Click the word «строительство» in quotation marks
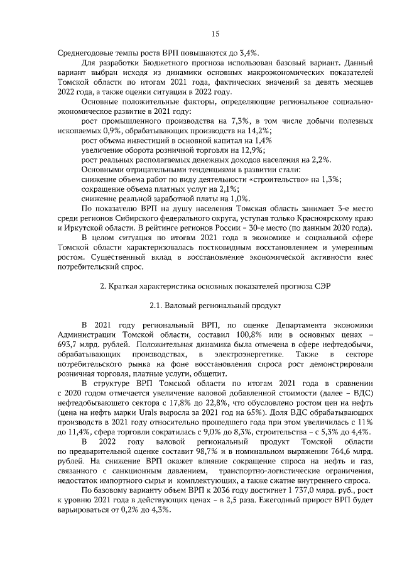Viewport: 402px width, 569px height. [277, 179]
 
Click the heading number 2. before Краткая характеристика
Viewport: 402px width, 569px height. [104, 287]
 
